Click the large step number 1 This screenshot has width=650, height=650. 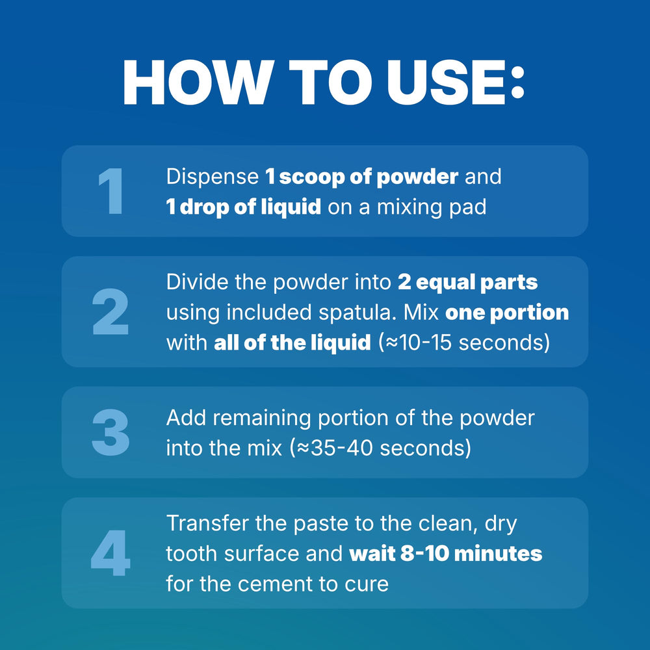pos(111,191)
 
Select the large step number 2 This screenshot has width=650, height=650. pos(110,311)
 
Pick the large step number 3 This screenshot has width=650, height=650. pos(110,432)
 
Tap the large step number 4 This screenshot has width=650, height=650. pos(110,553)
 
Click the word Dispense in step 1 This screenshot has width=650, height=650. pos(213,177)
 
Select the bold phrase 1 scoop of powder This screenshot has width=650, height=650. pos(362,177)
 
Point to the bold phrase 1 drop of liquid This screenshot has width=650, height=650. pos(244,207)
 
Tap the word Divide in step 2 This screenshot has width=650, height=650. pos(198,282)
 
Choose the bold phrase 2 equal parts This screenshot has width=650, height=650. pos(467,283)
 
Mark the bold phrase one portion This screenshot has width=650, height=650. pos(507,313)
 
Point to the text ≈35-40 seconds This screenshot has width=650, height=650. pos(383,448)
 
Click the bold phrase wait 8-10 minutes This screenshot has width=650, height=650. pos(446,553)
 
